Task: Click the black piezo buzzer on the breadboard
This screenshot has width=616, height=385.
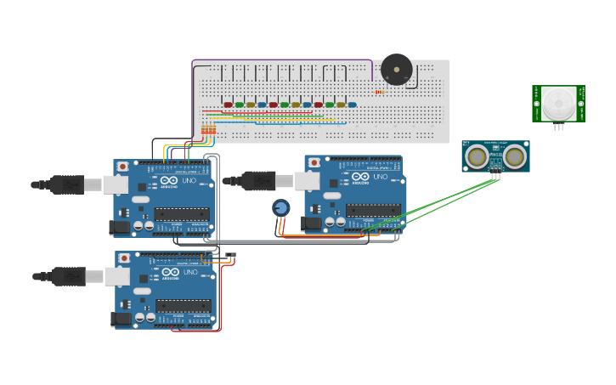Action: pos(396,69)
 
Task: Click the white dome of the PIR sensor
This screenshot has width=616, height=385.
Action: pos(558,103)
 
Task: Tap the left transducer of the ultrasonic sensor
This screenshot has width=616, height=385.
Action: pos(477,156)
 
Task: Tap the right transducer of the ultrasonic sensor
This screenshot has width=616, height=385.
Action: pos(514,156)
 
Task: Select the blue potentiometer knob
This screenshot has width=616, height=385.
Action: pos(281,207)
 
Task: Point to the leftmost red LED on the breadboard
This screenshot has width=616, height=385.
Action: pos(228,105)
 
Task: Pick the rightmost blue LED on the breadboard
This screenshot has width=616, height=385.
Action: pos(352,105)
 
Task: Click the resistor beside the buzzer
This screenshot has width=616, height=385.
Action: pos(379,92)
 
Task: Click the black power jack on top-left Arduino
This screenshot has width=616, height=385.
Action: pos(120,227)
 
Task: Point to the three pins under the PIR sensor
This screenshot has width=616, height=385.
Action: pos(558,127)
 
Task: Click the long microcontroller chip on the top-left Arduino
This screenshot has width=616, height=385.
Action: pos(182,214)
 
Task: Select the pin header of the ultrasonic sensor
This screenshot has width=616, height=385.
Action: pos(495,176)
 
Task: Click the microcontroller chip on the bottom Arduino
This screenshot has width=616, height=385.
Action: pos(183,305)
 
